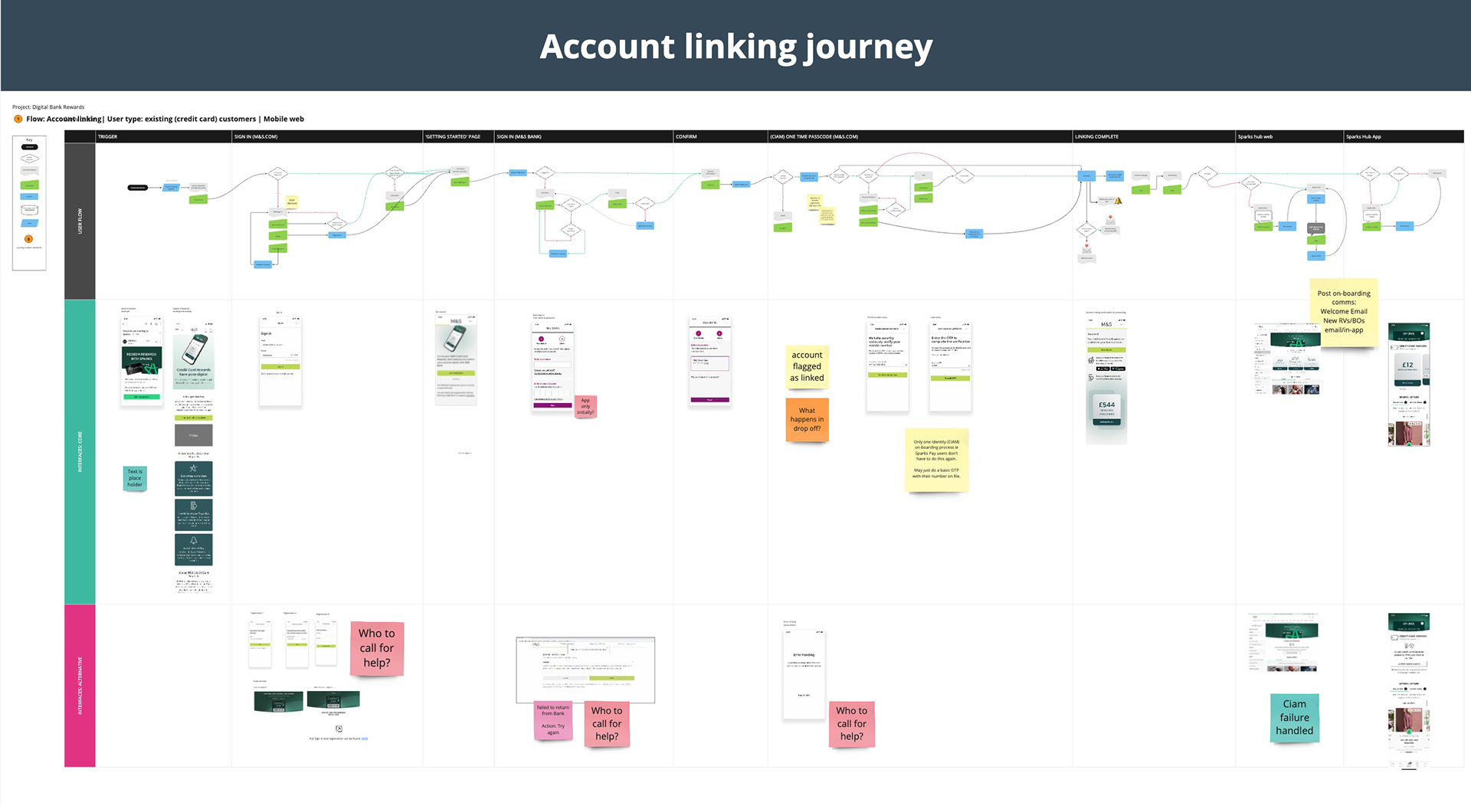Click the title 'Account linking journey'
click(x=735, y=47)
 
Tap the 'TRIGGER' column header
click(x=108, y=136)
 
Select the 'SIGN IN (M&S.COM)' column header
click(x=256, y=136)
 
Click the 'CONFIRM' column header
click(x=686, y=136)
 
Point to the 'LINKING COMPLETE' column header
click(x=1096, y=136)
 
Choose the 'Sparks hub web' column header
click(x=1255, y=136)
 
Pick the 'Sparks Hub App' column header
click(x=1363, y=136)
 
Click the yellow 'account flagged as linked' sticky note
click(x=807, y=366)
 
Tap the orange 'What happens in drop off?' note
click(x=807, y=419)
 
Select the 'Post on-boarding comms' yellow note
click(x=1343, y=312)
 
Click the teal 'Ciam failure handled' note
click(x=1294, y=717)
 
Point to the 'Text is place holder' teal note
click(x=135, y=478)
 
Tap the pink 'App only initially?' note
click(x=585, y=406)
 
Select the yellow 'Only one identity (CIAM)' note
click(x=936, y=459)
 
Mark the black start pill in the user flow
click(x=138, y=188)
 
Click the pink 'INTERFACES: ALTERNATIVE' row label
click(x=80, y=685)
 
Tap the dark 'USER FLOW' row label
click(x=80, y=221)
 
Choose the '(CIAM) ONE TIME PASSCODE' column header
click(x=814, y=136)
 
